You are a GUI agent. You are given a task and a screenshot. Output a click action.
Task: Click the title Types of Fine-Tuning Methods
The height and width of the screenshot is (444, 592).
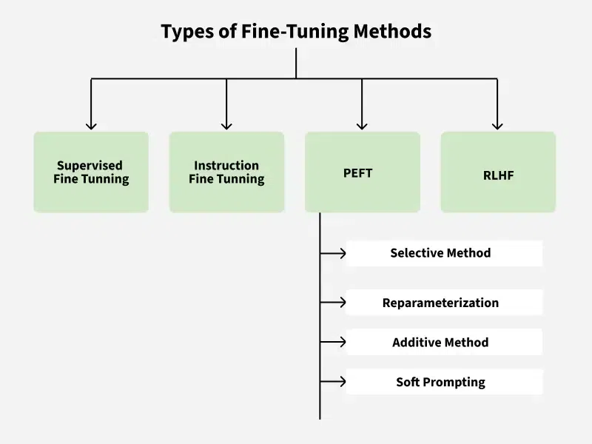(x=296, y=31)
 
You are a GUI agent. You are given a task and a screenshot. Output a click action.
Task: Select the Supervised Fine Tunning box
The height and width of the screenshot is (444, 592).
(x=91, y=172)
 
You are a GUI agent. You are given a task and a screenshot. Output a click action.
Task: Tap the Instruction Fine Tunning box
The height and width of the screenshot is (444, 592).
(x=226, y=172)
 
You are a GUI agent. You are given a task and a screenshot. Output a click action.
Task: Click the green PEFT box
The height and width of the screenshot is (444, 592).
(x=362, y=172)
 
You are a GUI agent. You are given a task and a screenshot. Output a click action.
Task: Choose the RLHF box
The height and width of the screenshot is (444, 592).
(x=498, y=172)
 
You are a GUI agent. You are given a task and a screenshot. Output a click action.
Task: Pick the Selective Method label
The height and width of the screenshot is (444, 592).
(x=440, y=253)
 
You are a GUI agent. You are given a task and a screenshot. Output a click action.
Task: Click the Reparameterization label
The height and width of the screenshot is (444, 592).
(x=440, y=303)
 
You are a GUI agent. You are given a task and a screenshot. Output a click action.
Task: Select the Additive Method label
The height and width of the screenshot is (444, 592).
(x=440, y=343)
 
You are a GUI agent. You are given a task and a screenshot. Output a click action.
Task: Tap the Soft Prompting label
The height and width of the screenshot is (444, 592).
(x=440, y=382)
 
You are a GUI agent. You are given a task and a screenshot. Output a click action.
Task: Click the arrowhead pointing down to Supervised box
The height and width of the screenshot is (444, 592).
(x=91, y=125)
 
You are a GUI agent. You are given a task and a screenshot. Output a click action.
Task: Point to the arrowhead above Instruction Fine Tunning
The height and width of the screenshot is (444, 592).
(x=226, y=125)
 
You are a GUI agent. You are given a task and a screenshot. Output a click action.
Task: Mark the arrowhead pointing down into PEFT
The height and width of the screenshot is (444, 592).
(x=362, y=125)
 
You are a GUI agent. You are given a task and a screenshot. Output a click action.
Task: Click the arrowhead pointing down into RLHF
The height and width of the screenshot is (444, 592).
(x=497, y=125)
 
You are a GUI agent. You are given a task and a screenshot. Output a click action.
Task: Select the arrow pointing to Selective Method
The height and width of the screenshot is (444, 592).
(x=341, y=253)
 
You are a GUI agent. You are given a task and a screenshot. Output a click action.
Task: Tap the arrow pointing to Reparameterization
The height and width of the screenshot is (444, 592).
(x=341, y=302)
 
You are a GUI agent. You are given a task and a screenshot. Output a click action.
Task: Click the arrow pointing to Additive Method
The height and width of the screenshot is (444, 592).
(x=341, y=342)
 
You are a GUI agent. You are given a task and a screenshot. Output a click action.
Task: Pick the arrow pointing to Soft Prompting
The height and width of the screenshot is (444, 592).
(x=341, y=382)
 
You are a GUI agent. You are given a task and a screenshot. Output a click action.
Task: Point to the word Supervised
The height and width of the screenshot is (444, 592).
(x=90, y=166)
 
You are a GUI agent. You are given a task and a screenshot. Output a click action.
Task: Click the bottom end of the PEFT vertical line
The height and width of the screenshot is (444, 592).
(x=320, y=417)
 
